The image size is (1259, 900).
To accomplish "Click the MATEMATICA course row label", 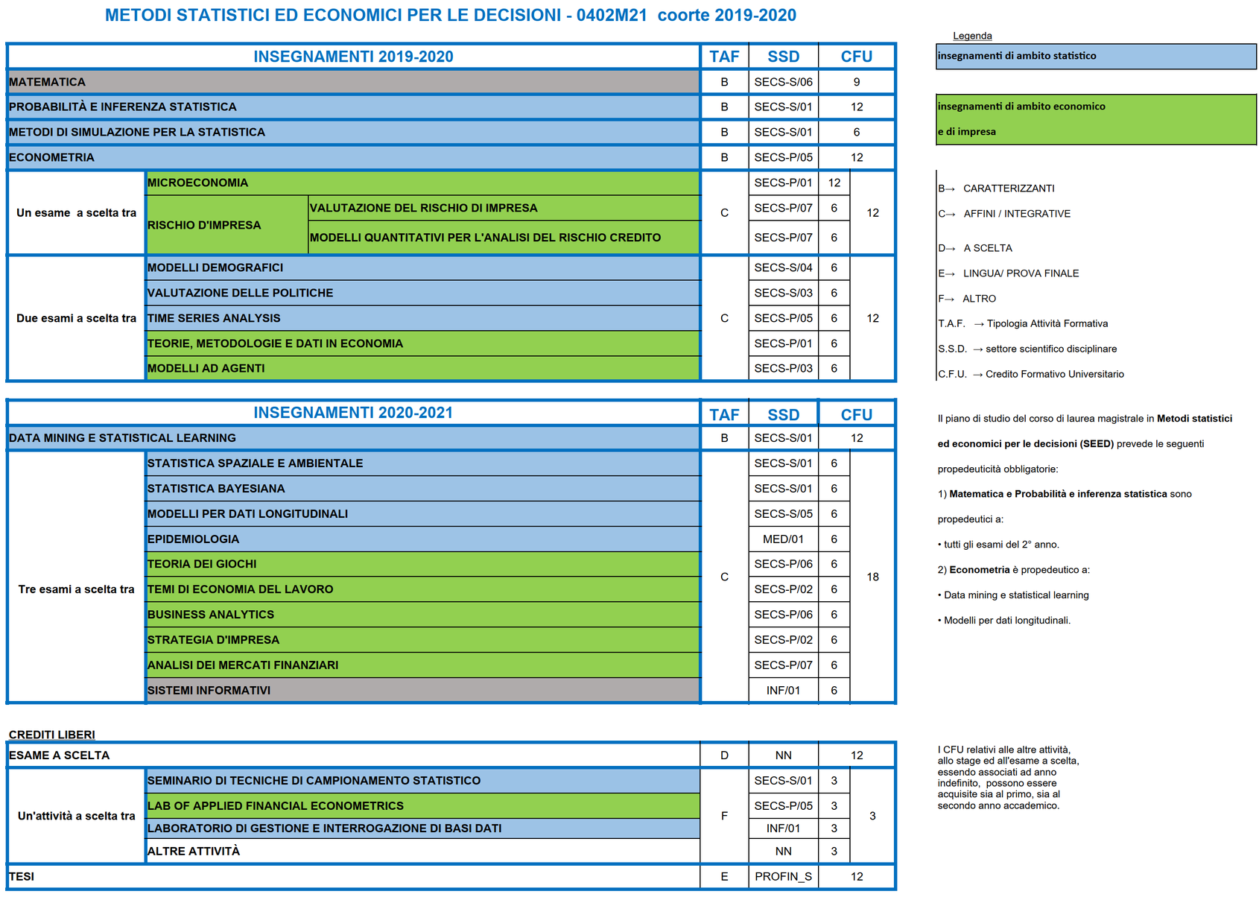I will pos(48,82).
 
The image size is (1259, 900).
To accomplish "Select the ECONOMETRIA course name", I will pos(52,157).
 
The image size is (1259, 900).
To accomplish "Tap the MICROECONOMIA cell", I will pos(198,183).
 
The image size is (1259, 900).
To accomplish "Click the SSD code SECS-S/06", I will pos(783,82).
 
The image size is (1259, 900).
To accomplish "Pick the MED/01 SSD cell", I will pos(783,539).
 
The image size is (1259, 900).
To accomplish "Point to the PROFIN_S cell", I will pos(783,876).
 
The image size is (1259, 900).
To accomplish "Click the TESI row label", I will pos(22,876).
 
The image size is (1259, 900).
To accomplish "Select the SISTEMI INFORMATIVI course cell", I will pos(209,690).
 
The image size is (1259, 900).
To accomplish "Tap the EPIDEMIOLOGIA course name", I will pos(194,539).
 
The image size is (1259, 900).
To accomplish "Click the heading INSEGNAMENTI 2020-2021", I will pos(353,413).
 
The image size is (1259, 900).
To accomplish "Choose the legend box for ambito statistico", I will pos(1095,56).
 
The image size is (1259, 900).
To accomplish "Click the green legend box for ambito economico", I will pos(1095,119).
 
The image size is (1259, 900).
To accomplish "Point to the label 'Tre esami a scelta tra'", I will pos(76,589).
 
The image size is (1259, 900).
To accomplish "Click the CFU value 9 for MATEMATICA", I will pos(857,82).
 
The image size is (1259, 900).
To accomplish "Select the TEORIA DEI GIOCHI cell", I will pos(202,564).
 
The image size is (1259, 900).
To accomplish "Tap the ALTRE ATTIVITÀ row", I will pos(194,851).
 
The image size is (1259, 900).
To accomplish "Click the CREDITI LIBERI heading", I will pos(52,735).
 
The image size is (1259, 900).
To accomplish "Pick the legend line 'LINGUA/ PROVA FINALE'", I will pos(1020,273).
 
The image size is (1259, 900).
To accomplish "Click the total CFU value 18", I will pos(872,577).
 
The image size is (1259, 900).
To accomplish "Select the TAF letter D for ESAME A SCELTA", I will pos(724,755).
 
